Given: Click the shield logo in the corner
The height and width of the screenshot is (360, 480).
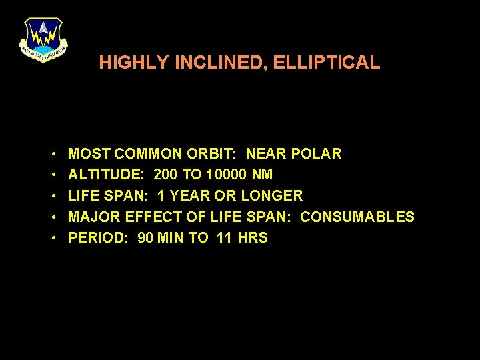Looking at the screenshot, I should tap(43, 39).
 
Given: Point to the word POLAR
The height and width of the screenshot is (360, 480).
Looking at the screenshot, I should tap(316, 154).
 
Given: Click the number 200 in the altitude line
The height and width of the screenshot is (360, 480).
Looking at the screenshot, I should tap(166, 175).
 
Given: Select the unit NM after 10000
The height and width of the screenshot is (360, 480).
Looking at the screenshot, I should tap(263, 175).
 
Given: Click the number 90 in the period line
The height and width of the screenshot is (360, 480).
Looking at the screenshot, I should tap(145, 238).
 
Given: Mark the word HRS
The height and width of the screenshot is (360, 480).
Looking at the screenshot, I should tap(253, 238).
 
